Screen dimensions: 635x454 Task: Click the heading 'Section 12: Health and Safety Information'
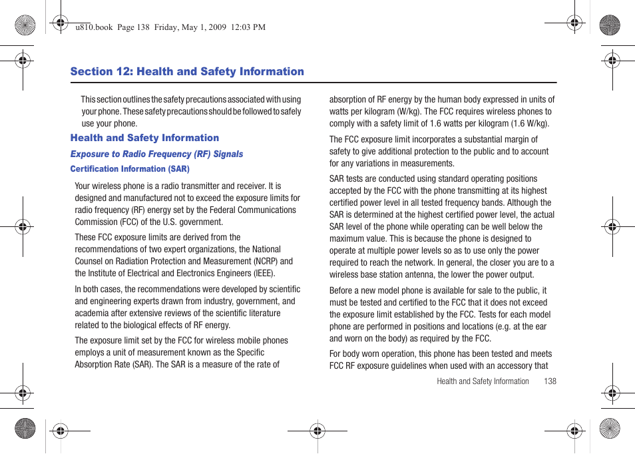187,72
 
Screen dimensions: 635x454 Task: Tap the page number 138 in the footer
550,381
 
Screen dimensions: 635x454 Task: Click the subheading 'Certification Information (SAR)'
130,169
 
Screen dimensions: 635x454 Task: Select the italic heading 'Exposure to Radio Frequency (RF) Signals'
156,154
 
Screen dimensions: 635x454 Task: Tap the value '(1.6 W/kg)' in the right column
529,124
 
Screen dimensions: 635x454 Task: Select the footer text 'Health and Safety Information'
483,381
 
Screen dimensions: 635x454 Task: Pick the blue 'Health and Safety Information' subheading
144,138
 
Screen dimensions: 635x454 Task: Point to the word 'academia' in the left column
91,314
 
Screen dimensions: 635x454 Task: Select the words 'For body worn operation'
371,354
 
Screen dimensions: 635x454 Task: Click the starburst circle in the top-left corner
25,25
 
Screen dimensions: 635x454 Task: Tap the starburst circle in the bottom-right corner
609,428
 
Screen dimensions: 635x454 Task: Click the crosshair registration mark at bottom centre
317,431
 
